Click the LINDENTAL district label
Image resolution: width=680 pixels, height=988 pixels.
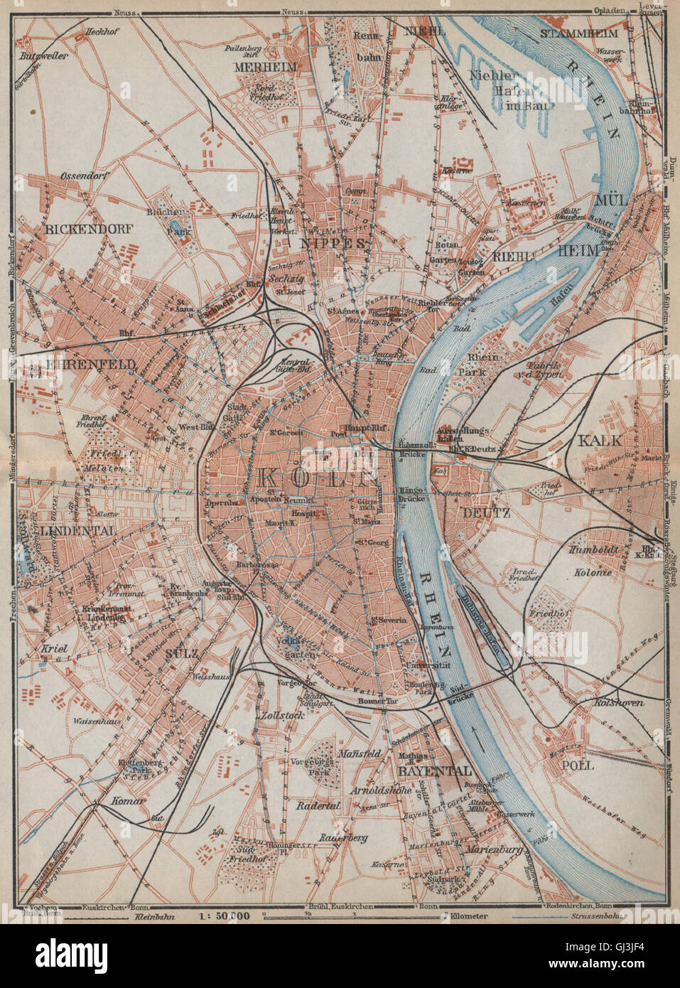pyautogui.click(x=58, y=531)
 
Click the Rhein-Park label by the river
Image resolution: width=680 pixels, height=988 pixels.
pyautogui.click(x=486, y=363)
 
